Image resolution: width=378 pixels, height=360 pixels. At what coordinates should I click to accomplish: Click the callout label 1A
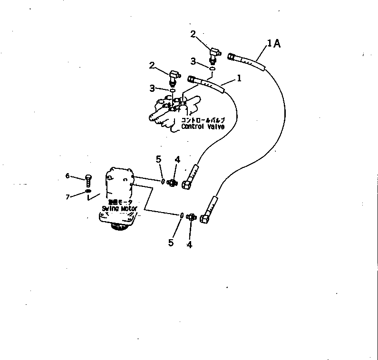(274, 44)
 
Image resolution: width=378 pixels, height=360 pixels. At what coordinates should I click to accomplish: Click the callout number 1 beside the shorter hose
(239, 78)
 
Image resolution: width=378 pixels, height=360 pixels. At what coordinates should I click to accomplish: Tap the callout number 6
(68, 176)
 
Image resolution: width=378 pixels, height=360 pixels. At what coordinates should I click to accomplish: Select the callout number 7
(68, 195)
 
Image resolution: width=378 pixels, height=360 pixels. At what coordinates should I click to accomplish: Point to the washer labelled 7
(88, 192)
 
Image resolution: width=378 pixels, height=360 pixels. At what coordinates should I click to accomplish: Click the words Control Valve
(203, 126)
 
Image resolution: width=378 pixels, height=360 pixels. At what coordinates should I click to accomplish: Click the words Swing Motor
(119, 208)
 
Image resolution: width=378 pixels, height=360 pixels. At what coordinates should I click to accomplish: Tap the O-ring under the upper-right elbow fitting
(212, 68)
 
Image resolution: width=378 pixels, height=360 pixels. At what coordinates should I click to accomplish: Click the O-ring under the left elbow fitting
(174, 90)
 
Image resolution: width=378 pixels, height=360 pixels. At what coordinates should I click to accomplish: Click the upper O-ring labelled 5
(163, 181)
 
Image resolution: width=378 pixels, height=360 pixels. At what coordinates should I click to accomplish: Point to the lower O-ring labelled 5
(182, 216)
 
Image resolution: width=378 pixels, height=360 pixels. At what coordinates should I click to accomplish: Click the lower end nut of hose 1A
(205, 218)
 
